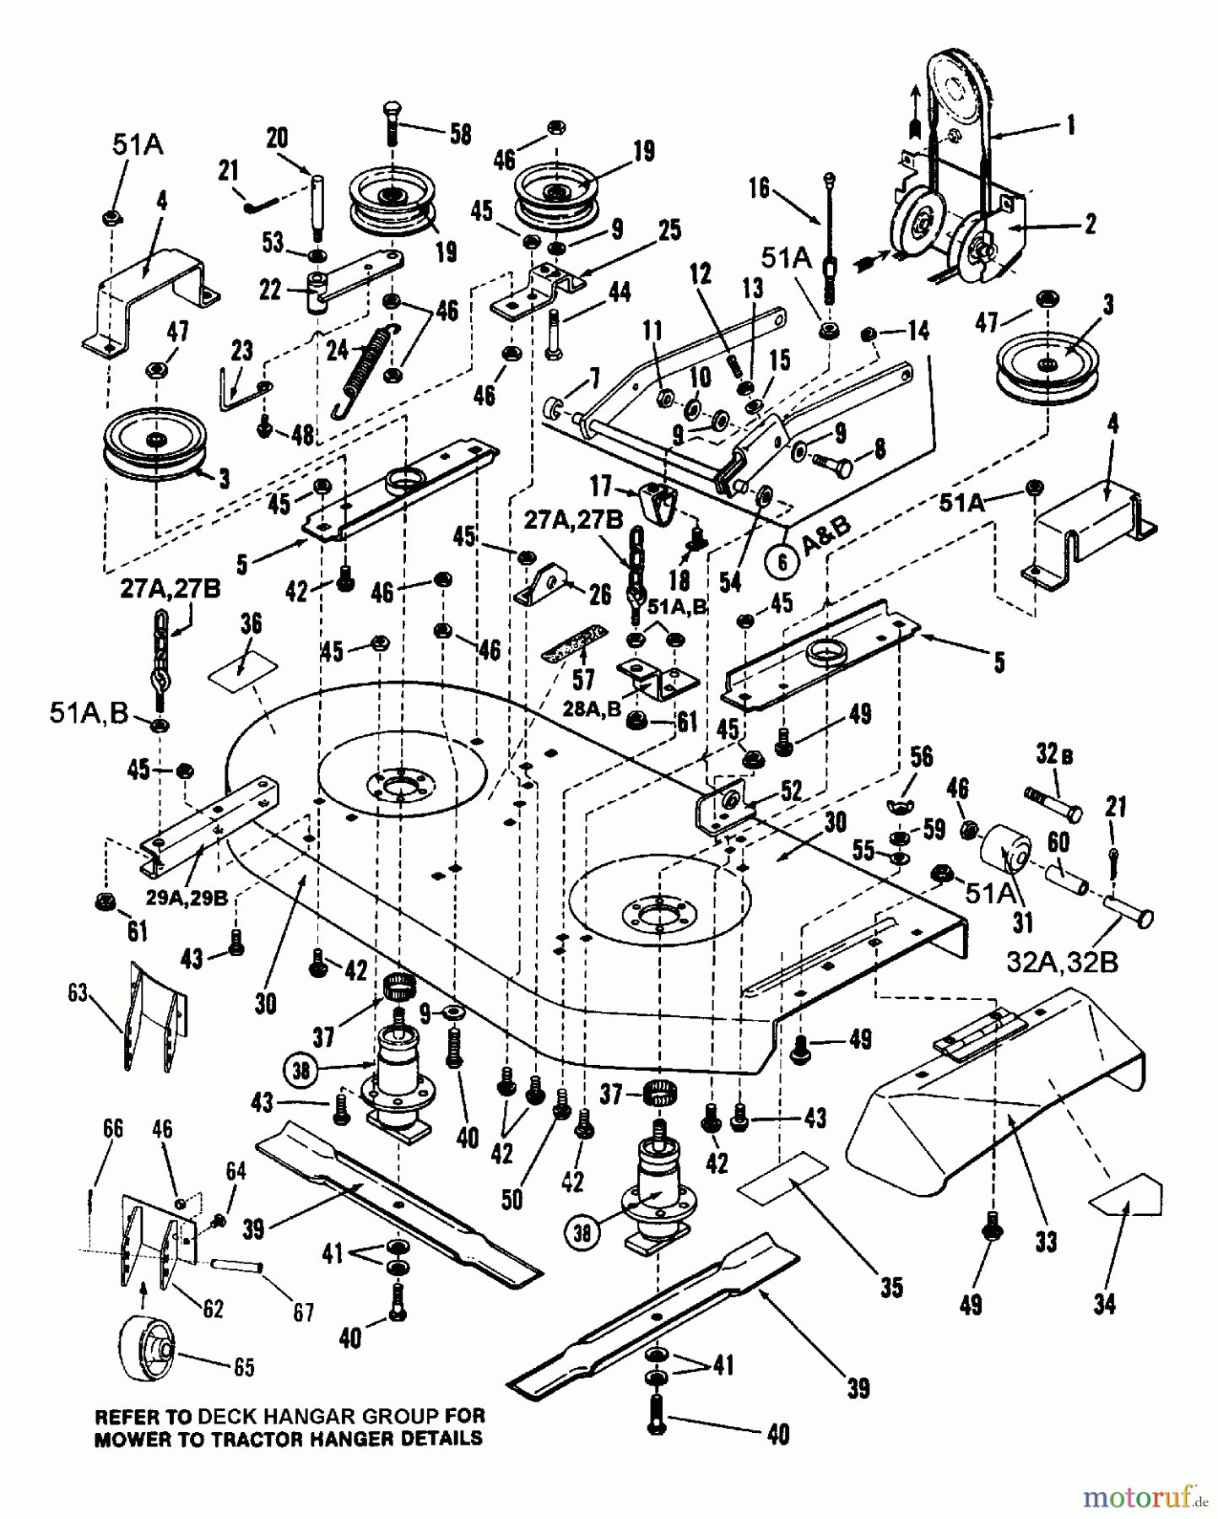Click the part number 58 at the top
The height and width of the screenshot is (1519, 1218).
[460, 134]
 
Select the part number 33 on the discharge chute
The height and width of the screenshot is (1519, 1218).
[1046, 1241]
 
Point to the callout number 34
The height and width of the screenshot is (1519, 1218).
[1104, 1304]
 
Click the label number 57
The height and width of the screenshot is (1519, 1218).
[583, 678]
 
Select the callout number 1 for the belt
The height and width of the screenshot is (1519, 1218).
[1070, 125]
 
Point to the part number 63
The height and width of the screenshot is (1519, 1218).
[78, 993]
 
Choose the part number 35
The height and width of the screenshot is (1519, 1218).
[891, 1286]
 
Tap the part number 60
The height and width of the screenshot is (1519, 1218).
[1058, 841]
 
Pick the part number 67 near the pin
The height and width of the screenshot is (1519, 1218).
[302, 1311]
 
